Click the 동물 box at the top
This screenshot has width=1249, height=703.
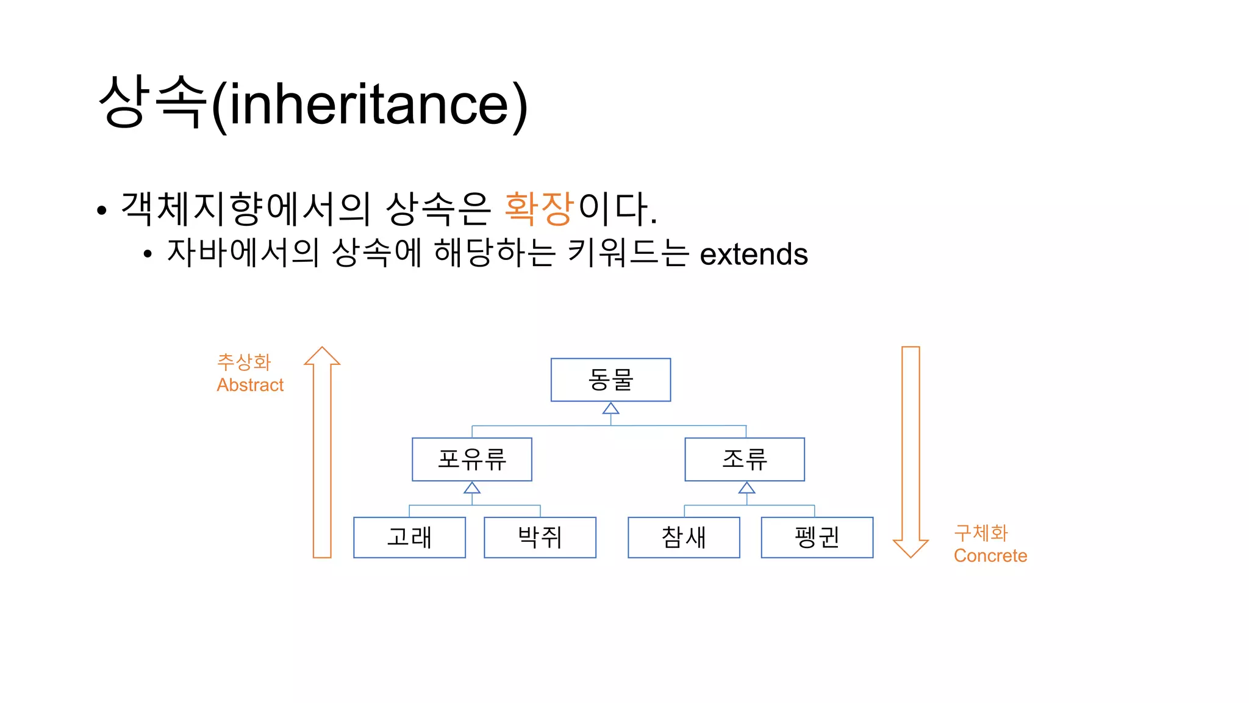click(610, 380)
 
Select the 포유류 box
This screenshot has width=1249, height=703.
click(471, 459)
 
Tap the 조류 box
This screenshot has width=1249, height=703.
click(745, 459)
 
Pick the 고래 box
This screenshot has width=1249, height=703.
click(409, 537)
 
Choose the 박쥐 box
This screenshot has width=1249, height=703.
click(540, 537)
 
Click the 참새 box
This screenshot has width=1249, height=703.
click(684, 537)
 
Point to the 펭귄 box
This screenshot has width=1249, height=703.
click(817, 537)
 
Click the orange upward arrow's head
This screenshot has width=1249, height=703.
click(322, 356)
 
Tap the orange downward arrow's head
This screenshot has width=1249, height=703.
click(911, 547)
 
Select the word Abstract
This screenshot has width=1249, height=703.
click(250, 385)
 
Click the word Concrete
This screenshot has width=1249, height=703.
click(990, 556)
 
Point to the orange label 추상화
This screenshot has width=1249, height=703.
click(244, 362)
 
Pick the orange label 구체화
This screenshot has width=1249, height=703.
click(981, 533)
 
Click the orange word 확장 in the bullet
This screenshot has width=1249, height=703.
click(539, 208)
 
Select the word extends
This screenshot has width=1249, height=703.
click(753, 254)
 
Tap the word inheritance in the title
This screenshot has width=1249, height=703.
click(368, 104)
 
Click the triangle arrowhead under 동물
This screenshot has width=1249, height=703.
click(610, 408)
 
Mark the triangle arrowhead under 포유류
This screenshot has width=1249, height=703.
click(472, 488)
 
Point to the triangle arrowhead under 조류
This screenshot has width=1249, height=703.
click(746, 488)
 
